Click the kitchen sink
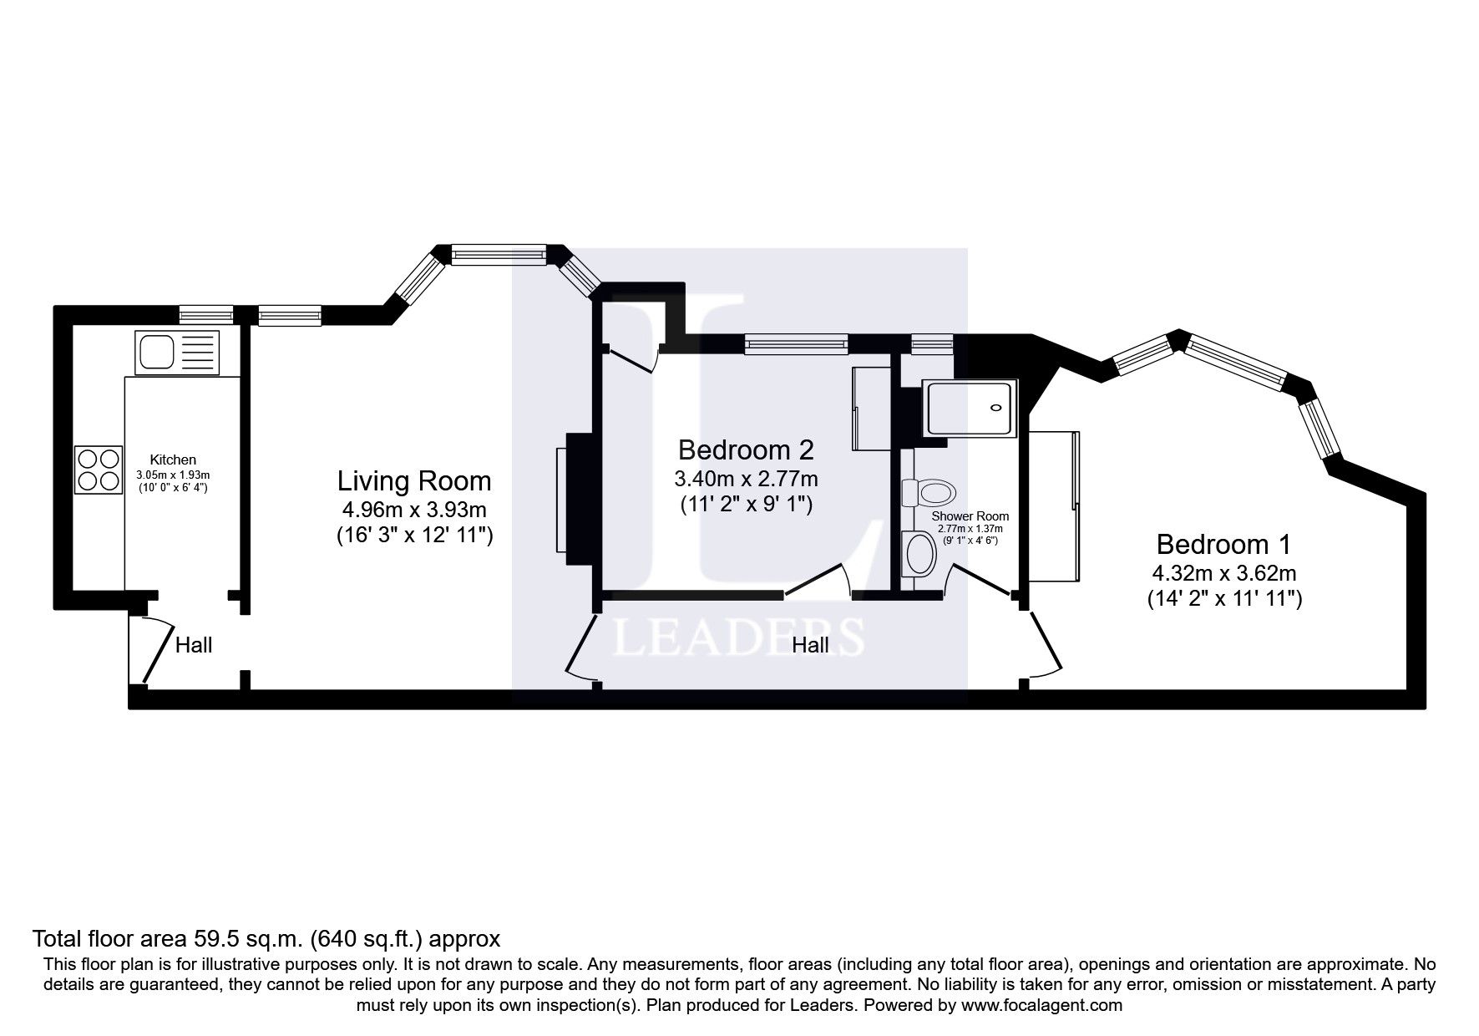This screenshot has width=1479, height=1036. [176, 352]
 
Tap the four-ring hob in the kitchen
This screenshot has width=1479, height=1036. [99, 470]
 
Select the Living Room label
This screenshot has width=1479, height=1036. [414, 481]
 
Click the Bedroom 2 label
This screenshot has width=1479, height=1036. [745, 450]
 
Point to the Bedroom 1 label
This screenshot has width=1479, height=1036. [1223, 545]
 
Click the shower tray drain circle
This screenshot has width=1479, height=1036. [995, 409]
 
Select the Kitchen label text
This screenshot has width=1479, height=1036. [173, 460]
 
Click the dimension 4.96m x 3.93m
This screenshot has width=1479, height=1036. [414, 510]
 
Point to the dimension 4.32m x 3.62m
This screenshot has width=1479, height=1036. [1223, 573]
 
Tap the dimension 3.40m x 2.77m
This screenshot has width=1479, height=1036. [745, 479]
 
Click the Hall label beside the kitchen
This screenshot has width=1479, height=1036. [194, 645]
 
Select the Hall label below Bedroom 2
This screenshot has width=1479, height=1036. [810, 645]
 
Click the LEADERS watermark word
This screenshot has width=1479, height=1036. [738, 637]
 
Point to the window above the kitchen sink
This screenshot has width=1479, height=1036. [206, 315]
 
